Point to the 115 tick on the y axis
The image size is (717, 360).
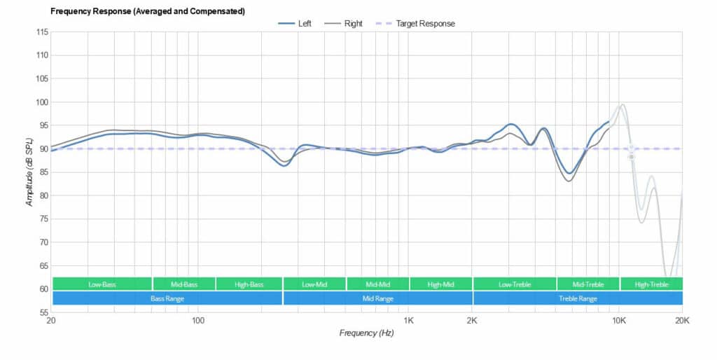[x=41, y=32]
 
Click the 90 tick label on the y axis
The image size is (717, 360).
[x=42, y=148]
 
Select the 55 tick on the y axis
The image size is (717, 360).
[x=42, y=312]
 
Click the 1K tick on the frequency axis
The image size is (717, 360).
[x=409, y=321]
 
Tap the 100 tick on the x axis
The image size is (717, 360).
[x=198, y=321]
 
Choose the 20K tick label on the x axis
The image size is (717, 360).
[x=682, y=321]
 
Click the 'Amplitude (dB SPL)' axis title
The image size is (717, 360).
[x=29, y=172]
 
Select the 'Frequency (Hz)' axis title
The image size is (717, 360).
[x=366, y=333]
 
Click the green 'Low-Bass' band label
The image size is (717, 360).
[x=102, y=284]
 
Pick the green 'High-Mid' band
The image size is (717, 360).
[x=441, y=284]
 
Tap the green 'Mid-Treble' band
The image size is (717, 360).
[x=588, y=284]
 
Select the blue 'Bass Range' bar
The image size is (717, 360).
[x=167, y=298]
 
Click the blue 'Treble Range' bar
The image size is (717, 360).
[x=578, y=298]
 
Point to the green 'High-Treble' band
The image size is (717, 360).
[x=651, y=284]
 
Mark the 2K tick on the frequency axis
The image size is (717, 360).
[x=473, y=321]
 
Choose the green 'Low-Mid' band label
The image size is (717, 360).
[x=314, y=284]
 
